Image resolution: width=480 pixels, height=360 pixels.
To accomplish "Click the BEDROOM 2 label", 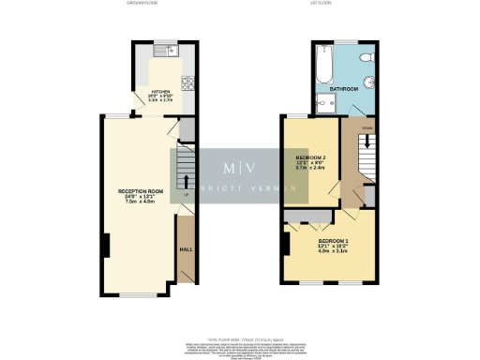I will (x=309, y=157).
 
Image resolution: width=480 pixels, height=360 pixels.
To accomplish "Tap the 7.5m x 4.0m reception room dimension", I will (x=141, y=202).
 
